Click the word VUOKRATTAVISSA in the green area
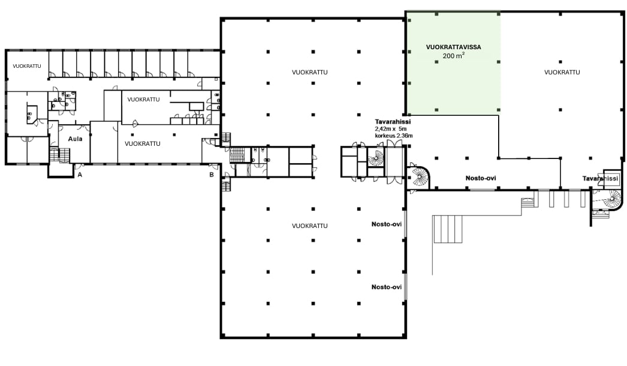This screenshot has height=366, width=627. tap(453, 47)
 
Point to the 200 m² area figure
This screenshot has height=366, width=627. tap(453, 56)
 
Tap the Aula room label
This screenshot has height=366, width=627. tap(75, 139)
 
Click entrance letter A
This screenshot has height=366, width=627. tap(80, 175)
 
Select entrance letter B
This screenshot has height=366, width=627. tap(212, 175)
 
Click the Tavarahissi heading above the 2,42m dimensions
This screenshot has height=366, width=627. tap(393, 122)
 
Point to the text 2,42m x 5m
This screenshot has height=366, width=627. tap(391, 129)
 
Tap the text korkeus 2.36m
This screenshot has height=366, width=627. tap(394, 136)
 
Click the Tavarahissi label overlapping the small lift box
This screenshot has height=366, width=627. tap(600, 179)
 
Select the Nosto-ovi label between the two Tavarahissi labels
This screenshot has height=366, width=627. tap(481, 178)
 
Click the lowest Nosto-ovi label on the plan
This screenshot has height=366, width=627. tap(387, 287)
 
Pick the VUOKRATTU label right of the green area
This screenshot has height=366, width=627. tap(562, 72)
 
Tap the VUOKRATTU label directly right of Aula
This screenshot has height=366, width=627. tap(142, 144)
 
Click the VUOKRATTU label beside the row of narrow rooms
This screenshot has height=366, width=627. tap(27, 66)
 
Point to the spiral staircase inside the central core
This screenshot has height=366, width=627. tap(375, 158)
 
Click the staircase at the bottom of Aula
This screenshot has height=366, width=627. tap(59, 155)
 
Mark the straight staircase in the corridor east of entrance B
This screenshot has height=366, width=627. tap(237, 155)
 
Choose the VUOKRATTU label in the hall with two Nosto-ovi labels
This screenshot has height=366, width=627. tap(310, 226)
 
